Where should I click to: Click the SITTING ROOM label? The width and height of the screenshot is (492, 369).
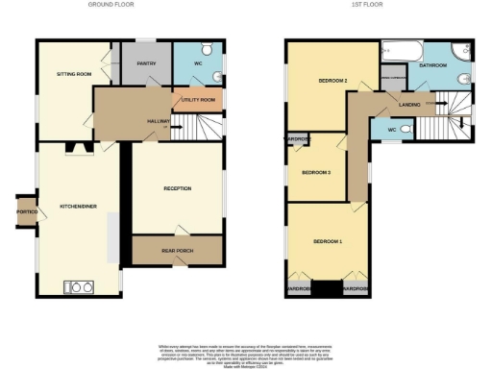point(73,72)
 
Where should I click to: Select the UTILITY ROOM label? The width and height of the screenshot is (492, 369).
point(198,98)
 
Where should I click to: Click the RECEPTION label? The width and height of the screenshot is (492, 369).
point(178,188)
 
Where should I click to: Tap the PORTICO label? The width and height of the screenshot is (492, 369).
point(26,211)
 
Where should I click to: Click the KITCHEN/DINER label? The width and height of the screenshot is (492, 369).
point(78,207)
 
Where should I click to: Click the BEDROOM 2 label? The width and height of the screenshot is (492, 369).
point(332,80)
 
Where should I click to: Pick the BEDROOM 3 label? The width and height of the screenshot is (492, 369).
point(316,173)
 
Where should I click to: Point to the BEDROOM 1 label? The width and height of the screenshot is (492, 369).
point(329,240)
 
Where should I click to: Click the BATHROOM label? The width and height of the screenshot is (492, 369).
point(433,66)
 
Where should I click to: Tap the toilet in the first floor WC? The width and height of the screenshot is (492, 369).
point(406,130)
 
